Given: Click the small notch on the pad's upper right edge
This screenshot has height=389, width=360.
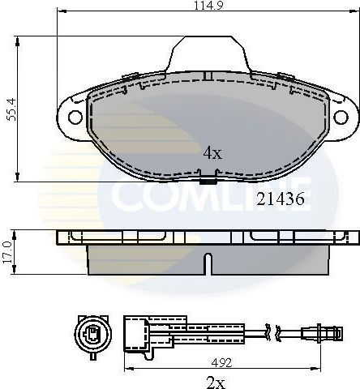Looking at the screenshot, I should pyautogui.click(x=285, y=75).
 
